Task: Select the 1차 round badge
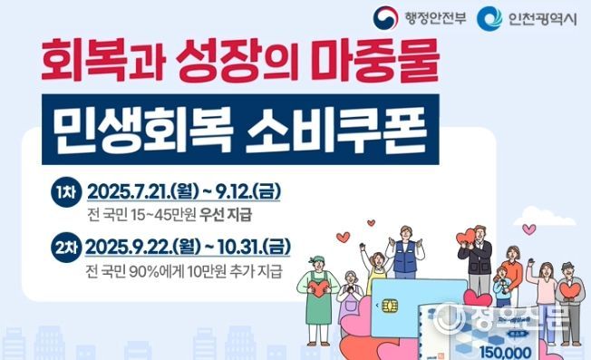tap(65, 192)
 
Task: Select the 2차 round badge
tap(65, 248)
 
